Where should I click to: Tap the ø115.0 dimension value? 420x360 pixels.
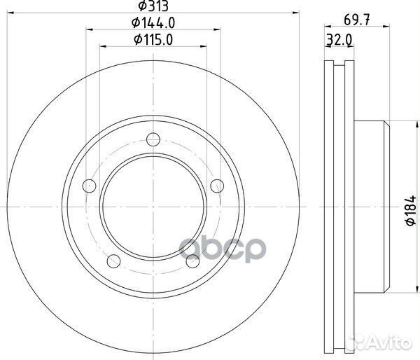click(153, 40)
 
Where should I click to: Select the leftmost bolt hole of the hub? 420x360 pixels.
click(88, 186)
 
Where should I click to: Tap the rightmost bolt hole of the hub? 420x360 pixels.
click(218, 186)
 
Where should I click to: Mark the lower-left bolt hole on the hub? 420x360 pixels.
click(113, 261)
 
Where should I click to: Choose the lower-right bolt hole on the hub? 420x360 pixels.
click(193, 261)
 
